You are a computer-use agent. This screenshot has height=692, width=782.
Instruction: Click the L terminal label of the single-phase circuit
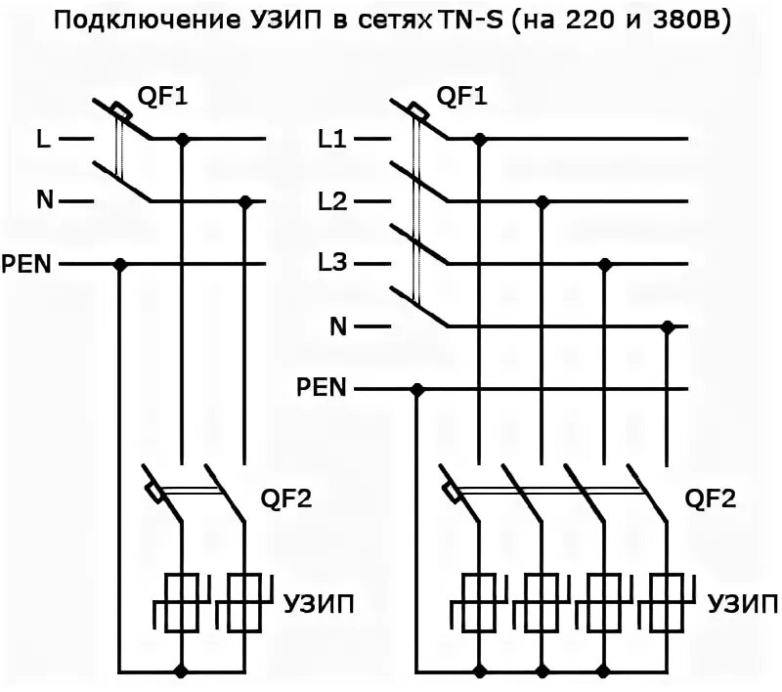point(43,139)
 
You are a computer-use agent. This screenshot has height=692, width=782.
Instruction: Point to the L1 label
point(332,139)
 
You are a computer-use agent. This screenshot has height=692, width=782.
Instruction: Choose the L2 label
point(332,201)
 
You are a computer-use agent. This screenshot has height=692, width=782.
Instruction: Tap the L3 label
point(332,264)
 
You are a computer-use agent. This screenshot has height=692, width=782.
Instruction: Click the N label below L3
point(338,326)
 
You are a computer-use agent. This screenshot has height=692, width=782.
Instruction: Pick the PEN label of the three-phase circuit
point(322,389)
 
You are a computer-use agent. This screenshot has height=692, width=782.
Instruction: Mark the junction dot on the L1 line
point(479,139)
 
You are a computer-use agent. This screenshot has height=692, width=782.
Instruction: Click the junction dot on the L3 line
point(606,264)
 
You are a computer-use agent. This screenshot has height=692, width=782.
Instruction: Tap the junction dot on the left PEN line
point(120,264)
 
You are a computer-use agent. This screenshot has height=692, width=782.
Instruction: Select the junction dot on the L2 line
point(543,201)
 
